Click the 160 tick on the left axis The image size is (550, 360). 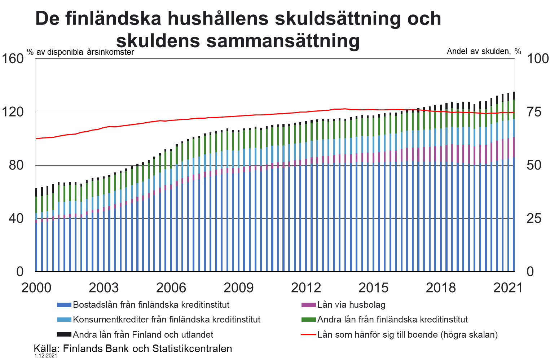point(13,58)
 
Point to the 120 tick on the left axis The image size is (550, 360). point(13,112)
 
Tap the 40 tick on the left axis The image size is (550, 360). point(16,218)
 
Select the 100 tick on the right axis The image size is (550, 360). point(537,58)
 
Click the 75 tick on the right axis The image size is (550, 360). point(534,112)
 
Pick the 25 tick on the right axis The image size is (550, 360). point(534,218)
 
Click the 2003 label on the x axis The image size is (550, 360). point(104,288)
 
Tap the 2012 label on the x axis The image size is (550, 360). point(306,288)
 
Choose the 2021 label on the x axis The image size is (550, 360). point(508,288)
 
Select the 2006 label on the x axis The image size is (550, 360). point(171,288)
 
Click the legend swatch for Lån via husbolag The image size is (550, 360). point(308,305)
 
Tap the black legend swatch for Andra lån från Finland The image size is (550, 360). point(64,335)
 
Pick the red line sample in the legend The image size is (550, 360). point(308,335)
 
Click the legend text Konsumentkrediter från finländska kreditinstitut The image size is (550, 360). point(167,320)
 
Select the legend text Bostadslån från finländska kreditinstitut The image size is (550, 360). point(151,305)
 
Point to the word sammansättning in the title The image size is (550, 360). point(283,40)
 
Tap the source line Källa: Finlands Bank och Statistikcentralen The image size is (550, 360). point(133,349)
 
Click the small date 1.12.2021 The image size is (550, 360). point(46,356)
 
